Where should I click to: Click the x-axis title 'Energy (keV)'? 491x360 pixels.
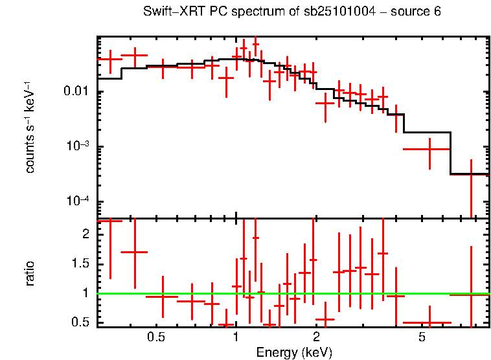[x=293, y=352]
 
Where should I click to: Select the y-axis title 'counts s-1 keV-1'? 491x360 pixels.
[x=30, y=128]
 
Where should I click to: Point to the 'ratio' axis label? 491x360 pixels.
[x=30, y=273]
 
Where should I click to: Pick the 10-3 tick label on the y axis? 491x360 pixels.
[x=79, y=146]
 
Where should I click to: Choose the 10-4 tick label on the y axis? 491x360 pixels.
[x=79, y=201]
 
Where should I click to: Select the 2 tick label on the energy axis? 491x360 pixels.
[x=316, y=337]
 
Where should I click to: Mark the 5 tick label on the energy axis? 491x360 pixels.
[x=422, y=337]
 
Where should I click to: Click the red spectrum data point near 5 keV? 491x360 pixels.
[x=429, y=149]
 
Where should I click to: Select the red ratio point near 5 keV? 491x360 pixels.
[x=429, y=322]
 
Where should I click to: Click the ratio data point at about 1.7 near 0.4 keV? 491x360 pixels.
[x=135, y=252]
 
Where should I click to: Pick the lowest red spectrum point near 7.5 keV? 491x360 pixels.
[x=471, y=174]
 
